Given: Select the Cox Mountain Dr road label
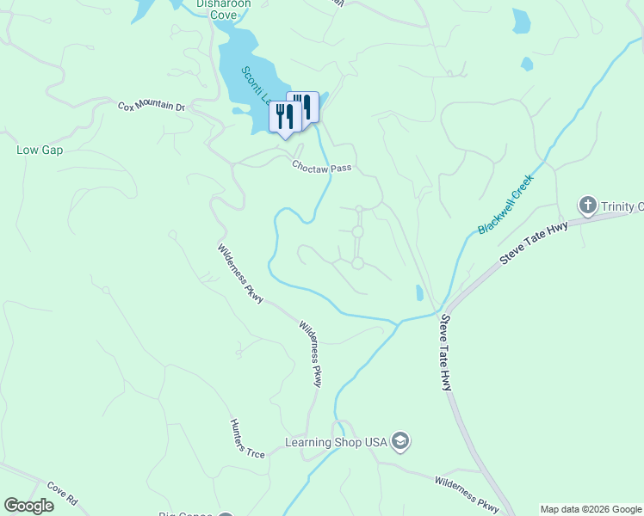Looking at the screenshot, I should (152, 107).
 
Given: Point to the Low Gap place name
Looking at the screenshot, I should (40, 150).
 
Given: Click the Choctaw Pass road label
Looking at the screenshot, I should (321, 167).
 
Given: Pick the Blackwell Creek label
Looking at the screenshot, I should (506, 204).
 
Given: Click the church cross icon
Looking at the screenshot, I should (588, 206).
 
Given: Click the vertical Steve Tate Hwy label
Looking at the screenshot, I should (446, 353).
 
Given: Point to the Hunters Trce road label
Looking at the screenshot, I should (247, 439).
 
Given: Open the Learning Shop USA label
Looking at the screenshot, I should (337, 442).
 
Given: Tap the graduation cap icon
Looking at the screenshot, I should (399, 442).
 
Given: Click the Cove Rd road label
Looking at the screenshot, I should (63, 493).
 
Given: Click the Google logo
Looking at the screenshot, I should (28, 506).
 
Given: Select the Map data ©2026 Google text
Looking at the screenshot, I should (591, 509).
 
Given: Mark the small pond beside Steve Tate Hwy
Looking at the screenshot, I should (419, 293).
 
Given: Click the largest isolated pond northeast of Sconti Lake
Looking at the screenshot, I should (521, 21).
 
